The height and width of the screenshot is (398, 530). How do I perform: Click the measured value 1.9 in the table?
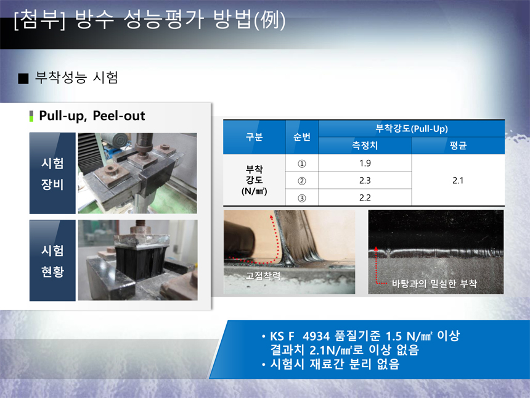[365, 163]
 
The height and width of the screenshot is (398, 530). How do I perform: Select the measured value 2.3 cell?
[365, 180]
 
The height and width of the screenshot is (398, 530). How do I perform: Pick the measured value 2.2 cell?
[365, 197]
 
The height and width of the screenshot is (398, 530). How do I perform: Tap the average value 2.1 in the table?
[458, 180]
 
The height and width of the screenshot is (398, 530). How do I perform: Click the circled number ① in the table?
[302, 164]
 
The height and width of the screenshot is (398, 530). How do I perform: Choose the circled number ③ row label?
[302, 198]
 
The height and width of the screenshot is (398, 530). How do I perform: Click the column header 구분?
[254, 137]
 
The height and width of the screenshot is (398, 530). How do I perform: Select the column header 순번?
[302, 137]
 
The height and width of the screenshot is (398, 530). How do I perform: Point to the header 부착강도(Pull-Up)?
[412, 128]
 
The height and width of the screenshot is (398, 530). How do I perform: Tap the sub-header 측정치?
[365, 146]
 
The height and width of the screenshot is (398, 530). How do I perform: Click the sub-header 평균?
[458, 146]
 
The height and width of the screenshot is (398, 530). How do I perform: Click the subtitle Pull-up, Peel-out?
[92, 116]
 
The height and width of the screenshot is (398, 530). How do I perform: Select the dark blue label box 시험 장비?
[52, 173]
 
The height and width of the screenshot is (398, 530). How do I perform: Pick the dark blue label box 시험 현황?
[52, 260]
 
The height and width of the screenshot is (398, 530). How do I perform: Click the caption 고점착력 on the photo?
[263, 276]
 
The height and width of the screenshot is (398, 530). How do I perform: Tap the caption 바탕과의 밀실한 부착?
[434, 284]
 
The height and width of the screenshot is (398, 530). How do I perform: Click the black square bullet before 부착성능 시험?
[23, 78]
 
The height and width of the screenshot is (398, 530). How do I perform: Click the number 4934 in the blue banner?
[316, 336]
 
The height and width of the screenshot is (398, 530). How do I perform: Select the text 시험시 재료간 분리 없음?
[335, 364]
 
